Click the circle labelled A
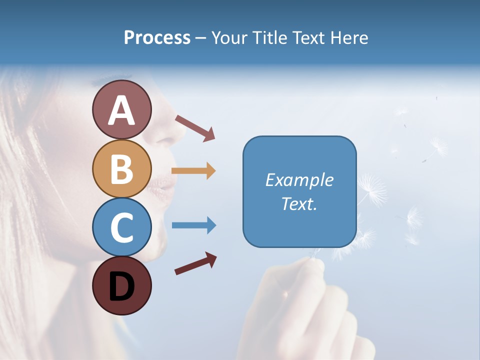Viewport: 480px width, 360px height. tap(121, 109)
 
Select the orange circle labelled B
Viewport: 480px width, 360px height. tap(121, 168)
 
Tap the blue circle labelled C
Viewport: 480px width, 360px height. tap(121, 227)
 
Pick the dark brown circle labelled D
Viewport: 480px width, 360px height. tap(121, 285)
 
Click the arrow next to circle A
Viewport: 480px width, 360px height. tap(195, 127)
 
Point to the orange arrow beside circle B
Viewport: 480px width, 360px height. tap(193, 170)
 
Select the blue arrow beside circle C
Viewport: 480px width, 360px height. tap(193, 225)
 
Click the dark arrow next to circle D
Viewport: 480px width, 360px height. tap(195, 263)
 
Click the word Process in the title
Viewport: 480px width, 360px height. tap(157, 38)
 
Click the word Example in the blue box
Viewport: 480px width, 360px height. tap(299, 180)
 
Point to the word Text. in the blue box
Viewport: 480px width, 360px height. tap(299, 203)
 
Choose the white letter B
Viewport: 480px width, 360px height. tap(121, 169)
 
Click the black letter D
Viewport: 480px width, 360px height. tap(121, 286)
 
